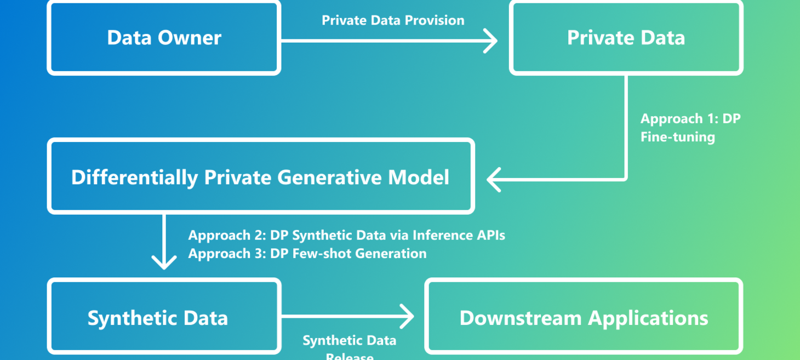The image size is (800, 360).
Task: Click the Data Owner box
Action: pyautogui.click(x=164, y=38)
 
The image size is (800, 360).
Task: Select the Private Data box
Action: pyautogui.click(x=626, y=38)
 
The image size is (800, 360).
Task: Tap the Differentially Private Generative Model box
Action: pyautogui.click(x=260, y=177)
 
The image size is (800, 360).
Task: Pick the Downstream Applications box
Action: pyautogui.click(x=584, y=318)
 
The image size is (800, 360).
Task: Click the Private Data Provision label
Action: pyautogui.click(x=393, y=20)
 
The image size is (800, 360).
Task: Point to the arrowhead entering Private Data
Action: pyautogui.click(x=492, y=41)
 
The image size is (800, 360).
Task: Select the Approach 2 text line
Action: pyautogui.click(x=346, y=236)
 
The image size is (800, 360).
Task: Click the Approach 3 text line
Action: pyautogui.click(x=307, y=253)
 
